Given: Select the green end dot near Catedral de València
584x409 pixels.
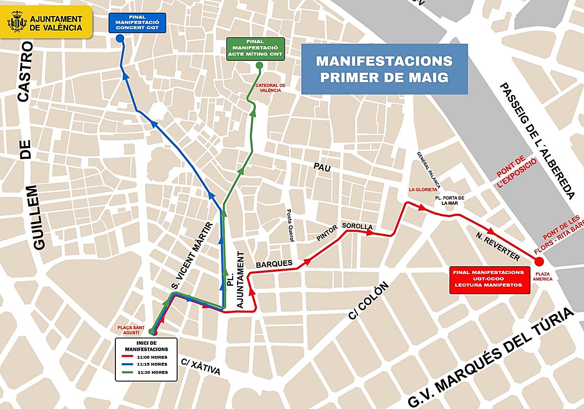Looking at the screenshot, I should pos(259,65).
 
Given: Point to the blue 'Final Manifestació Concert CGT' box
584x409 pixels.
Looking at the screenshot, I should pos(138,23).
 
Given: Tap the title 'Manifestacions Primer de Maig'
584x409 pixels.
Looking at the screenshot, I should pos(384,69).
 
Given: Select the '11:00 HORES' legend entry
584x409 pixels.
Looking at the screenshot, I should pos(146,356).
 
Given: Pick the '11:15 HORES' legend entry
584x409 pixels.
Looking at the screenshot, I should pos(146,364).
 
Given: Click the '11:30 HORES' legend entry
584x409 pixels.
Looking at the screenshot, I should pos(146,372).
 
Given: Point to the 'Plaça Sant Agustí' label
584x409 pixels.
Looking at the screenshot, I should pos(132,330).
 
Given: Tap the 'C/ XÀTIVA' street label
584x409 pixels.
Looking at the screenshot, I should pos(201,367).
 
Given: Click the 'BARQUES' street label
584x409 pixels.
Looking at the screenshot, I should pos(274,263).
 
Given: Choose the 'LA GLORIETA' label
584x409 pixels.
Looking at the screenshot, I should pos(421,190).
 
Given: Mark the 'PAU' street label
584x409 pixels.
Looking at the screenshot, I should pos(322,168).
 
